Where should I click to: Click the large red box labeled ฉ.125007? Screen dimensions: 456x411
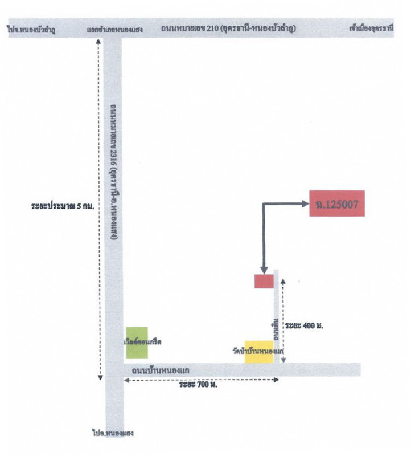click(x=336, y=203)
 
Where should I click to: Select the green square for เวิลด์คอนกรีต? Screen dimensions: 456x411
click(x=137, y=342)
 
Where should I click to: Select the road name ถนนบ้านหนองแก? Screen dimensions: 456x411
click(x=160, y=371)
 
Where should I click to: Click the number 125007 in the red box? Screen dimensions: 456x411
click(x=341, y=204)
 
